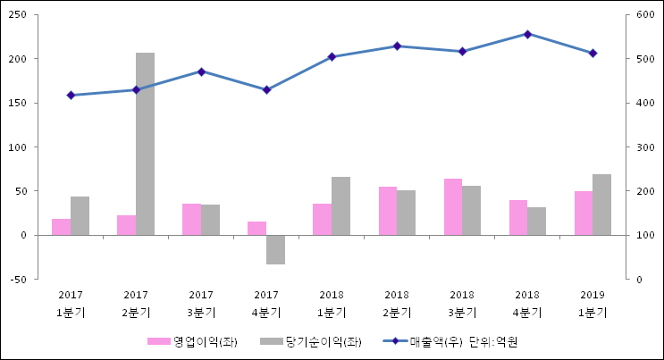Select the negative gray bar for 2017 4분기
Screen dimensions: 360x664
[275, 249]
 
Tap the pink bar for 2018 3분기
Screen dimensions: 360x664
[453, 206]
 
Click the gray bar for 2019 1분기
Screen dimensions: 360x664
[601, 205]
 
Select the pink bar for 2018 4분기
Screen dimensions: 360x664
[518, 217]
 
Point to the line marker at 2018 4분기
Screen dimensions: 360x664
[527, 34]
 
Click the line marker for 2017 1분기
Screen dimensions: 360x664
[71, 95]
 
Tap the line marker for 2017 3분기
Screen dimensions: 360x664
[201, 71]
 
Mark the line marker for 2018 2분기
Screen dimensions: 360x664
[397, 46]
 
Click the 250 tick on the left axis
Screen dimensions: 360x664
[18, 15]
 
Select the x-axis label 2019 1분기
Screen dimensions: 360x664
[593, 304]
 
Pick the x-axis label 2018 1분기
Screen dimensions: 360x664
[332, 304]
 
